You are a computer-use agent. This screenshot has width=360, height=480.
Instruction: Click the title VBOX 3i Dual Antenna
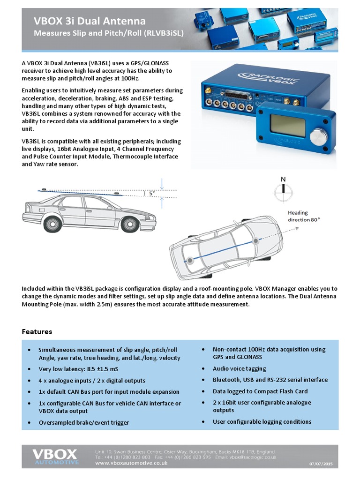(89, 21)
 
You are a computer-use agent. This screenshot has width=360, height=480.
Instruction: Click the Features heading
(37, 331)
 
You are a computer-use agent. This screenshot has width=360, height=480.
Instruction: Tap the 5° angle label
(151, 193)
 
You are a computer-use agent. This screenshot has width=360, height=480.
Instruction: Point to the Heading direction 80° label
(304, 216)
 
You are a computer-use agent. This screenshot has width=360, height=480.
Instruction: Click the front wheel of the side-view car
(130, 224)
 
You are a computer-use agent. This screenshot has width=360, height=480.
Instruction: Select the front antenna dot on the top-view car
(255, 241)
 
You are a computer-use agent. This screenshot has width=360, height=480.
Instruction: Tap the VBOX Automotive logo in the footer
(54, 456)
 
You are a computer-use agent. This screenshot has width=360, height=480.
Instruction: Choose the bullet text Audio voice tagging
(239, 369)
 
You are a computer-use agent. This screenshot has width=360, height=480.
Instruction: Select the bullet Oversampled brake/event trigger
(83, 422)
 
